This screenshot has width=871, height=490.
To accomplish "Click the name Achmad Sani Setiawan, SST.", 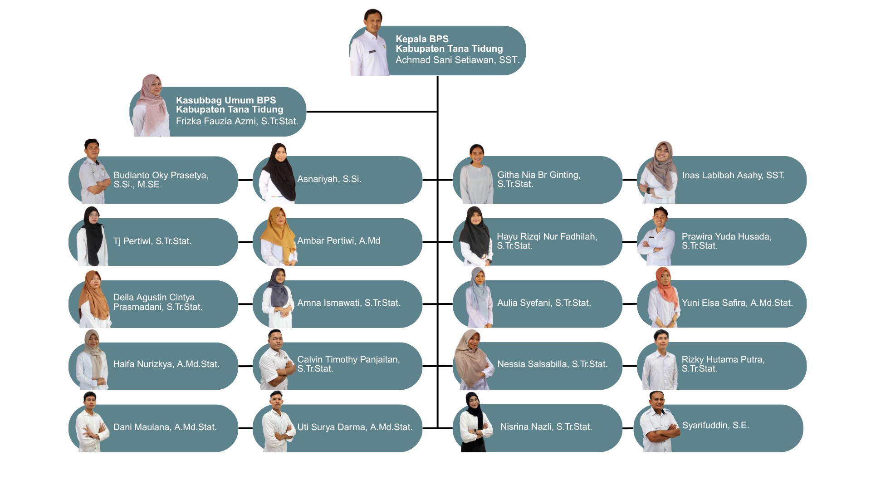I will click(x=457, y=60).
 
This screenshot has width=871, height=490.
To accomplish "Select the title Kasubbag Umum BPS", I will click(x=226, y=100).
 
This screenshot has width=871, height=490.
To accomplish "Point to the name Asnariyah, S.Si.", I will click(x=329, y=179).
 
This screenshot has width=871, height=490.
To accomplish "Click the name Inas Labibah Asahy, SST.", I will click(x=733, y=176).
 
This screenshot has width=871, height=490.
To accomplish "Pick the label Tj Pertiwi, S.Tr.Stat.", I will click(x=152, y=241).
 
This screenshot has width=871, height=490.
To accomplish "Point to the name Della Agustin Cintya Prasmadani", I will click(x=157, y=302).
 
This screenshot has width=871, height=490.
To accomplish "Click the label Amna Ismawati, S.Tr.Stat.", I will click(x=349, y=303).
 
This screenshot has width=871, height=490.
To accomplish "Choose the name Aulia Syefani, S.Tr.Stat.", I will click(x=544, y=303).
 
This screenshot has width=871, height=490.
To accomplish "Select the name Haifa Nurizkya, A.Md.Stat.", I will click(x=166, y=364).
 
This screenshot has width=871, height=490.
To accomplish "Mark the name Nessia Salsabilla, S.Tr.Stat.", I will click(x=552, y=364).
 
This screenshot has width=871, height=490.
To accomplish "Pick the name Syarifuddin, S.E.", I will click(x=715, y=426).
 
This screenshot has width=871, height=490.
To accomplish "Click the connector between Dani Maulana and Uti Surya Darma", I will click(x=245, y=428).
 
